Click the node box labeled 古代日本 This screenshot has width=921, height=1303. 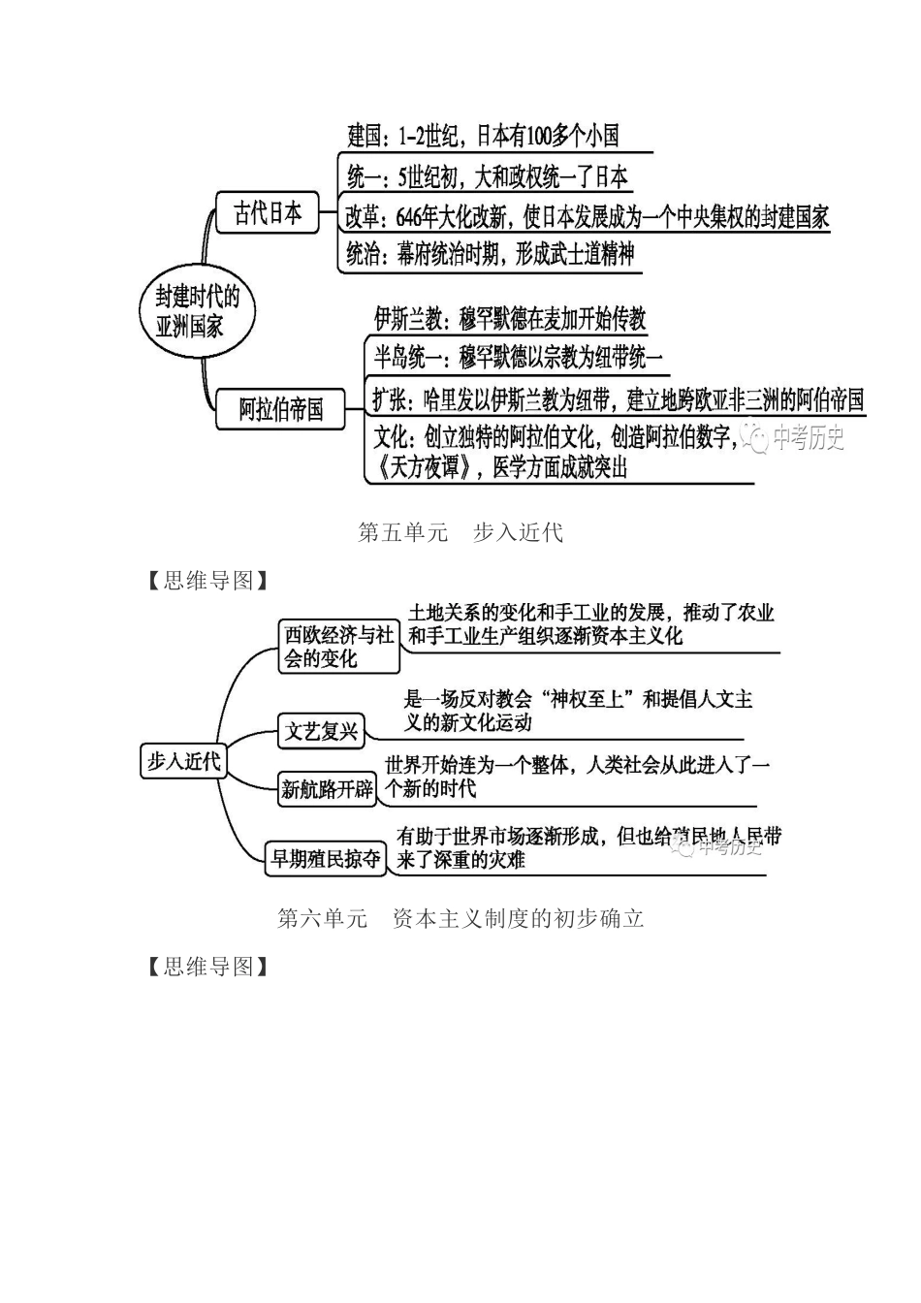[267, 213]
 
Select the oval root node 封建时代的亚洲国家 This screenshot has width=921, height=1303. [198, 310]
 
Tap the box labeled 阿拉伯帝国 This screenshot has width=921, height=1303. [281, 409]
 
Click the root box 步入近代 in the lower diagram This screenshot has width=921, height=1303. [183, 761]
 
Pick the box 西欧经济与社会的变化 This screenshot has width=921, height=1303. [338, 647]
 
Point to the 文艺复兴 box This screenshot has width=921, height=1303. [321, 731]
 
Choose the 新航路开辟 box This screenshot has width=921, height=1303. [327, 789]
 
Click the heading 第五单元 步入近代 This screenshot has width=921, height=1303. [460, 532]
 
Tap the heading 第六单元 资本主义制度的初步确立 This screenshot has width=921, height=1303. [460, 918]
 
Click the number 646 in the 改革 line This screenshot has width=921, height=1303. [411, 217]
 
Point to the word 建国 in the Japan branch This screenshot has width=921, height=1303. [365, 136]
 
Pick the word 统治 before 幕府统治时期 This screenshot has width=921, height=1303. [364, 255]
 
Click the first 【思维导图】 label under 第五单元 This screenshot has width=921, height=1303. [207, 581]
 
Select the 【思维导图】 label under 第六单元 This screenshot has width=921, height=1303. [207, 967]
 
